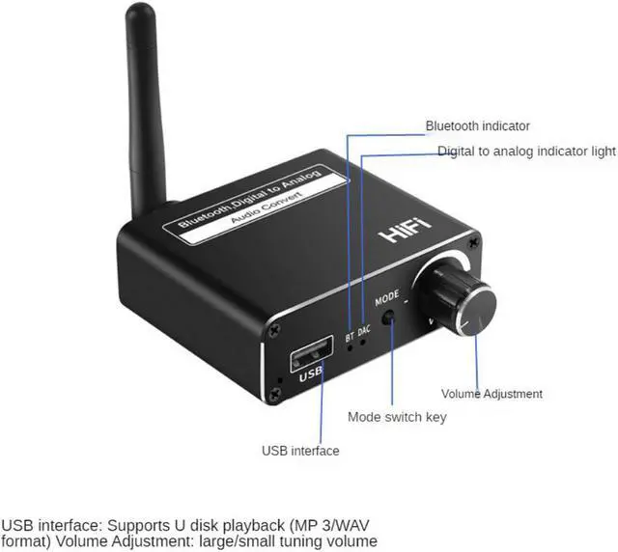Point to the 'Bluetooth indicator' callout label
(478, 125)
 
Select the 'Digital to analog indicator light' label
(526, 152)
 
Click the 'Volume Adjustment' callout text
(492, 394)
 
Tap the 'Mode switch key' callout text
(397, 418)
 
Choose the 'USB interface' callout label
(300, 450)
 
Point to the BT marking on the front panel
(349, 337)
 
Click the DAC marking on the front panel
(364, 331)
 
